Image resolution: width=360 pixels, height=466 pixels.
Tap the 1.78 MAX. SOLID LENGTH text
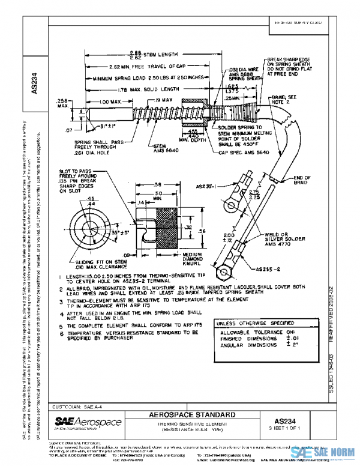[x=145, y=89]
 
